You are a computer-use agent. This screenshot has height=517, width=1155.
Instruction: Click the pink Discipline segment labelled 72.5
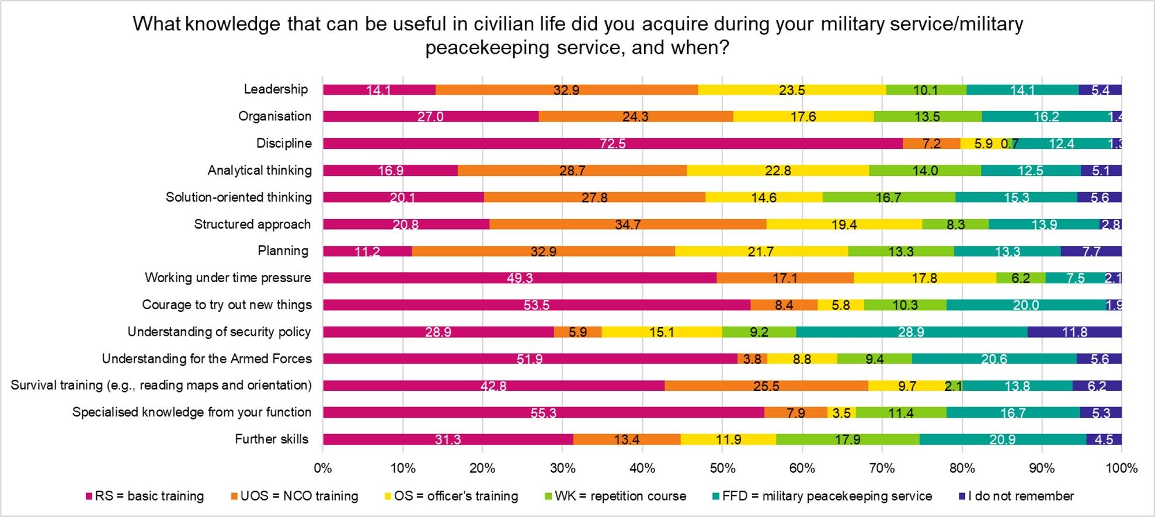613,144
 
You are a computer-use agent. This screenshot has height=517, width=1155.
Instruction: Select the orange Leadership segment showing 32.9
566,90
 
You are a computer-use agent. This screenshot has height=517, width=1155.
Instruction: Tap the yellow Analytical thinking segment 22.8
778,171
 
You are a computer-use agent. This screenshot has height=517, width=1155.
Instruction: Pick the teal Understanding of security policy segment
911,332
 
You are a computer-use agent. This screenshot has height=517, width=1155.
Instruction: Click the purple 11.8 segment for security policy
1074,332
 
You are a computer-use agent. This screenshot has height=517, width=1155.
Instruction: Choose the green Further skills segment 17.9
847,439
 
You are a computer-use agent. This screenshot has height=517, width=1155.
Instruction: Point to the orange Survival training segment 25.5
766,386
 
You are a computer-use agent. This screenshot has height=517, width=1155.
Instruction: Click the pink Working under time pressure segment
520,278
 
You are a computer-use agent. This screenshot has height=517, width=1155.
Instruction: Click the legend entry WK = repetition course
620,496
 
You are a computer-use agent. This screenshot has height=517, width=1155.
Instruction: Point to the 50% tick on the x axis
722,468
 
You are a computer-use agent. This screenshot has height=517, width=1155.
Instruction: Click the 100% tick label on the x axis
1121,468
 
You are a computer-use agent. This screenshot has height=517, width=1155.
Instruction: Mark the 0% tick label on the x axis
323,468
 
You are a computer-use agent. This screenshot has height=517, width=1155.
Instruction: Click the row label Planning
283,251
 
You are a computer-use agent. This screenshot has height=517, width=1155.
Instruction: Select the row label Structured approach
252,224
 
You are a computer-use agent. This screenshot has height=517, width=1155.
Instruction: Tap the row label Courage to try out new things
227,305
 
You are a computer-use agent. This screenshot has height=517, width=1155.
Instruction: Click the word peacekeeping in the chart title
488,47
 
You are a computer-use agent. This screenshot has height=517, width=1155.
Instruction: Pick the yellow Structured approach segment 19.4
844,224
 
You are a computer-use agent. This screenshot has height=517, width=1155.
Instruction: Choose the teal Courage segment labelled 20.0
1026,305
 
